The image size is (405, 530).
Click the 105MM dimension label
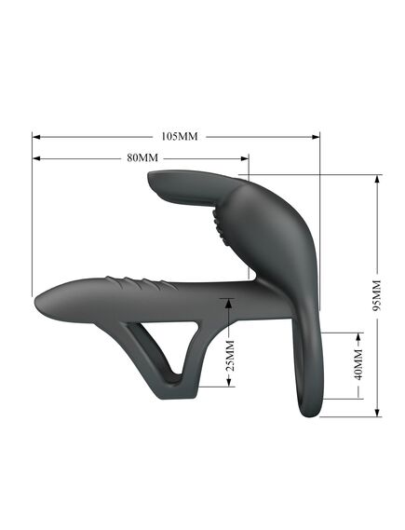(180, 136)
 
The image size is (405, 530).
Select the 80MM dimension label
(142, 157)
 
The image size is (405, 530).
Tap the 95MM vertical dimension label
(377, 295)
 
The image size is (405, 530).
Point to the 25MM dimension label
(230, 356)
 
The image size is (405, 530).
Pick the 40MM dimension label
(358, 365)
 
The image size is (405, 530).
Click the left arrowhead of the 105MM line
(36, 137)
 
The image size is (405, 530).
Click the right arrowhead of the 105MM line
(316, 137)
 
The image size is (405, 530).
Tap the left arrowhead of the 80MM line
(36, 158)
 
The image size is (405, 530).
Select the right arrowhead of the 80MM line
(245, 158)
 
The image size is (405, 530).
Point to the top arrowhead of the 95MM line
(377, 180)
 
